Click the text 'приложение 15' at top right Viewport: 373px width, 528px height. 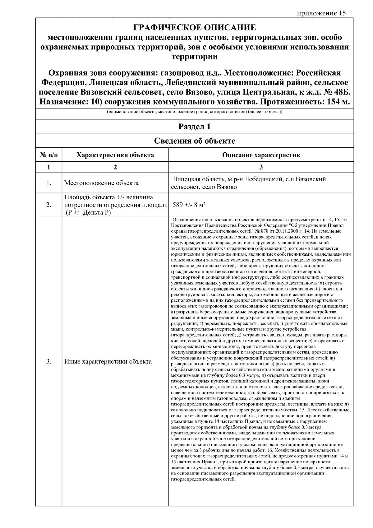pyautogui.click(x=321, y=13)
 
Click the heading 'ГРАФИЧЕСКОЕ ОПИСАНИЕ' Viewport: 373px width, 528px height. pyautogui.click(x=195, y=28)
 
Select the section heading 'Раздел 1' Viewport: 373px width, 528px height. pyautogui.click(x=195, y=127)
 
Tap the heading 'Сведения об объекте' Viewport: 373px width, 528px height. pyautogui.click(x=195, y=141)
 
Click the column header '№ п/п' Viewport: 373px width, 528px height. pyautogui.click(x=49, y=155)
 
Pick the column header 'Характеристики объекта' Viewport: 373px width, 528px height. pyautogui.click(x=115, y=155)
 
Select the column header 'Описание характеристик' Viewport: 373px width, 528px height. pyautogui.click(x=261, y=155)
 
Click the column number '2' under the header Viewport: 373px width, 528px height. pyautogui.click(x=115, y=167)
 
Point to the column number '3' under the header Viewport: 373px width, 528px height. pyautogui.click(x=261, y=167)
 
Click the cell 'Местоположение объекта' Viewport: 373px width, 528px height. pyautogui.click(x=101, y=183)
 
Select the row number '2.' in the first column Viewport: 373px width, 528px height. pyautogui.click(x=49, y=205)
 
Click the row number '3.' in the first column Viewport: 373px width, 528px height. pyautogui.click(x=49, y=361)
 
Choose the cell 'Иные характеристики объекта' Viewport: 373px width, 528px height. pyautogui.click(x=108, y=361)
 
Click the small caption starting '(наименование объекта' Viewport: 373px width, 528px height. pyautogui.click(x=195, y=112)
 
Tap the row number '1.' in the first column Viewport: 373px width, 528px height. pyautogui.click(x=49, y=183)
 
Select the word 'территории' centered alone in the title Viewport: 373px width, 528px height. pyautogui.click(x=195, y=57)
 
